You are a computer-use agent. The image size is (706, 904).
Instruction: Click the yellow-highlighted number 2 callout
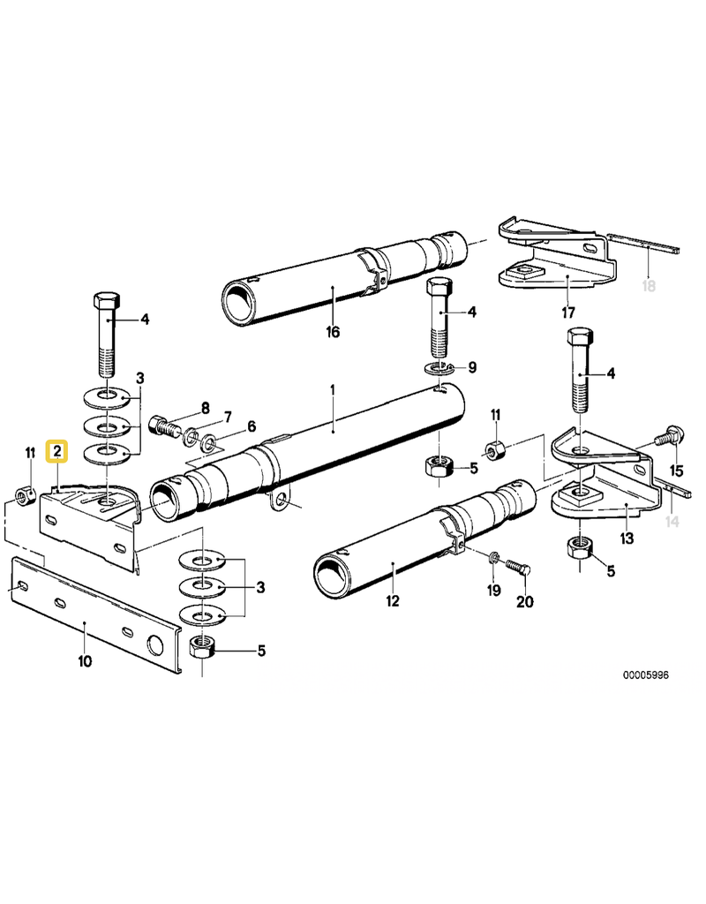pyautogui.click(x=57, y=453)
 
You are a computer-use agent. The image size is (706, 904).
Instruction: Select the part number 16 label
pyautogui.click(x=332, y=332)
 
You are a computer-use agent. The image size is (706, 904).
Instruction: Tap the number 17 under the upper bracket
pyautogui.click(x=568, y=312)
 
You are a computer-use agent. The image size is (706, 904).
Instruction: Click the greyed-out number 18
pyautogui.click(x=650, y=287)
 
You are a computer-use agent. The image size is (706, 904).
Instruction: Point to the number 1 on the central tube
pyautogui.click(x=333, y=389)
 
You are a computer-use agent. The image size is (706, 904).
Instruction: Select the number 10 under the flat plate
pyautogui.click(x=84, y=660)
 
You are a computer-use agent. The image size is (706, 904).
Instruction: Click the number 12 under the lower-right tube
pyautogui.click(x=392, y=601)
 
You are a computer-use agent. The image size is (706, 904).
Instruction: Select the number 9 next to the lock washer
pyautogui.click(x=472, y=365)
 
